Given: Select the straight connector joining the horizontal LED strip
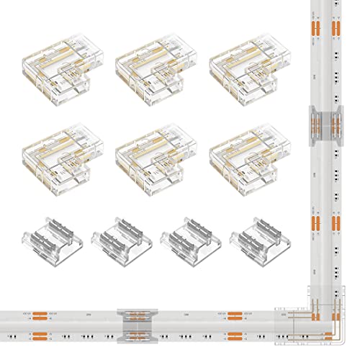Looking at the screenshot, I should (x=138, y=322).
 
